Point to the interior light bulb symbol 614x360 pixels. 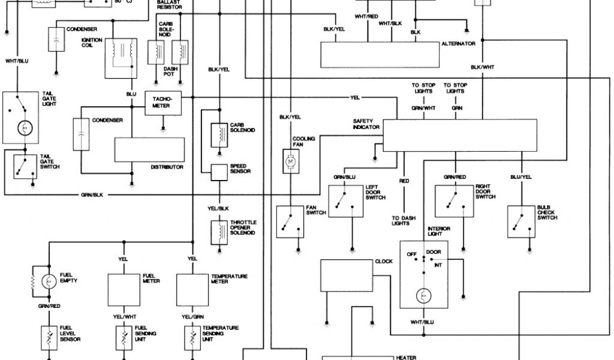[x=423, y=295]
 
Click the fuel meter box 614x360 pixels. [x=124, y=291]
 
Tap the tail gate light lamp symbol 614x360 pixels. [x=25, y=127]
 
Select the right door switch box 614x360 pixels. [x=455, y=201]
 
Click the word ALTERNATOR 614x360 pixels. [x=458, y=44]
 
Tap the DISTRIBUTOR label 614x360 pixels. [x=167, y=167]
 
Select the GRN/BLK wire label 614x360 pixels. [x=92, y=195]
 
